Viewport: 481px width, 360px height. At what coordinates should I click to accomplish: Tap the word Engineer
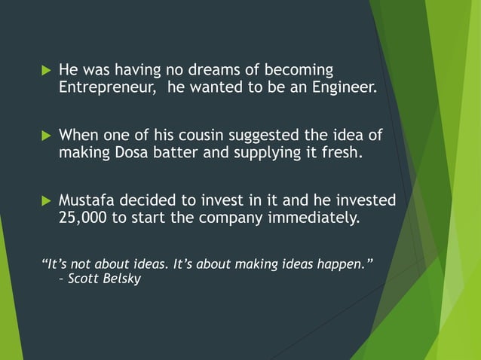[341, 89]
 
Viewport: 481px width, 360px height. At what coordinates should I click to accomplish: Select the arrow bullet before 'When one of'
[45, 137]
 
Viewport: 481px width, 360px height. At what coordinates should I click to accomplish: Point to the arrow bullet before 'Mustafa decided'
[45, 202]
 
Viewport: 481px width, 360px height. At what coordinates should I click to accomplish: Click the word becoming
[296, 71]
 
